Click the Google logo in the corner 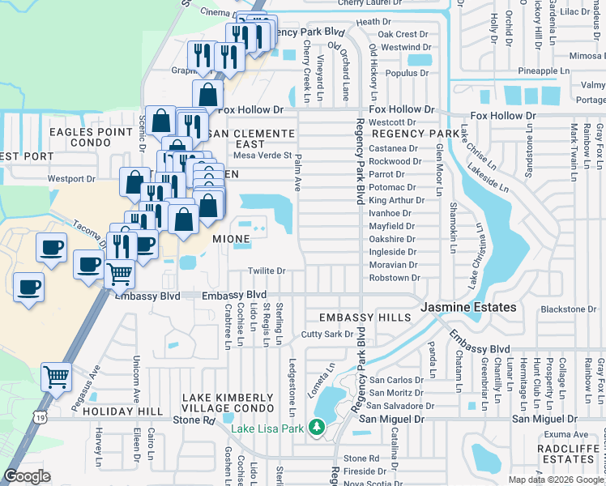tap(27, 476)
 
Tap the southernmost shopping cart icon tap(56, 377)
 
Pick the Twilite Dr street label tap(267, 271)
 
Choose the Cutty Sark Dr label tap(327, 334)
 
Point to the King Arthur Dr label tap(392, 200)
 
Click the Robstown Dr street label tap(395, 278)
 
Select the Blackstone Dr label tap(568, 309)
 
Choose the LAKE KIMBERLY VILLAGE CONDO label tap(227, 403)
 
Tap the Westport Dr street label tap(71, 178)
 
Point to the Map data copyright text tap(557, 480)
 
